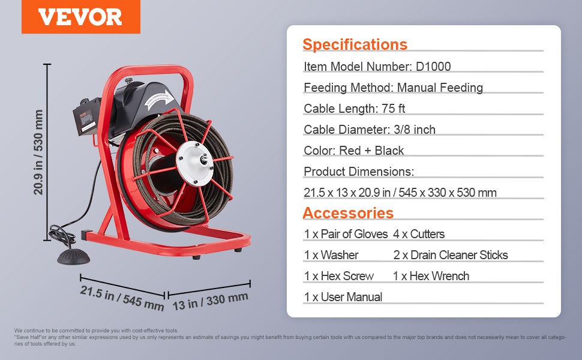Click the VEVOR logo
point(80,17)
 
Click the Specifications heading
point(355,44)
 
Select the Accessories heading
point(348,213)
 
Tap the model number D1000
point(433,67)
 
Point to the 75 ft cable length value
point(393,109)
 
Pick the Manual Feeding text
point(440,88)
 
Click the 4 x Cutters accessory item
point(419,234)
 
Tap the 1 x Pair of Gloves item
point(346,234)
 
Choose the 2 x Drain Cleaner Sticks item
point(450,255)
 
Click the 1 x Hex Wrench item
point(431,276)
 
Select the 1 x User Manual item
point(343,297)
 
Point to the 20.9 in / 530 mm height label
point(38,152)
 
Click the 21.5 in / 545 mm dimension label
point(122,298)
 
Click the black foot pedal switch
point(73,257)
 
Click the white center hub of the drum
point(194,163)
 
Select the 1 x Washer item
point(331,255)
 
